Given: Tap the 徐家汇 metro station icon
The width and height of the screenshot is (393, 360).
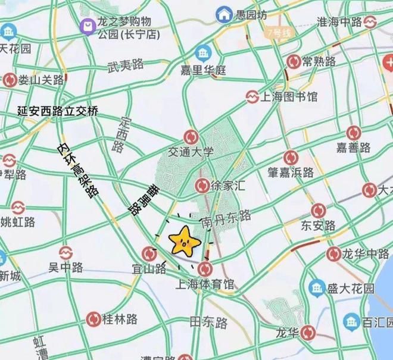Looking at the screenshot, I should click(x=202, y=186).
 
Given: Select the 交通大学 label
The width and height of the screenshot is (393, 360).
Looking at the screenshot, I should click(x=191, y=152).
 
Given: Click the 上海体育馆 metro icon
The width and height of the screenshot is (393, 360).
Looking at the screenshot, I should click(x=205, y=267).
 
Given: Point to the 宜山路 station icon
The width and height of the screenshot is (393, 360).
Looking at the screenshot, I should click(x=150, y=254).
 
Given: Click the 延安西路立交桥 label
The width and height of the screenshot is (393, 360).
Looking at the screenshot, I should click(x=58, y=111).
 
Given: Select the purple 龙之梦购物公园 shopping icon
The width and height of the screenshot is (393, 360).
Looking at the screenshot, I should click(x=88, y=24).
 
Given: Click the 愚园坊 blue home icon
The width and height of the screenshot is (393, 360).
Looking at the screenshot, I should click(x=224, y=13).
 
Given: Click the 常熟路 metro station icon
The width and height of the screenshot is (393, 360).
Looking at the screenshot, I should click(x=293, y=61).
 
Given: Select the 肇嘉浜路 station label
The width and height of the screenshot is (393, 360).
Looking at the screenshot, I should click(x=290, y=173).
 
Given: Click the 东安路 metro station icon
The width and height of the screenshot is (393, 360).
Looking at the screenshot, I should click(x=319, y=211).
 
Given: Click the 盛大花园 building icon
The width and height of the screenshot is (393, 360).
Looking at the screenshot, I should click(x=316, y=289).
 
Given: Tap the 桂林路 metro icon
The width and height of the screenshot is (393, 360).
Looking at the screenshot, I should click(x=93, y=320).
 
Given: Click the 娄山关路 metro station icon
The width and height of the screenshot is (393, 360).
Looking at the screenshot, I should click(x=10, y=80).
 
